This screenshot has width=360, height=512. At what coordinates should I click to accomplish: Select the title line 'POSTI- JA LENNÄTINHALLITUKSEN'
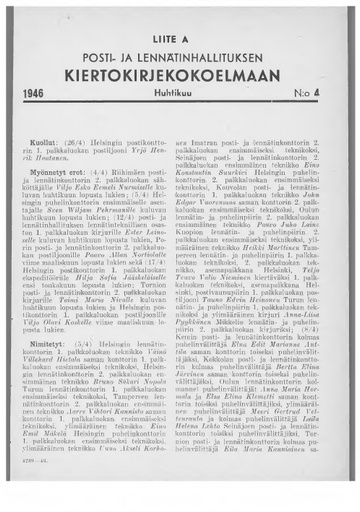pos(179,52)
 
